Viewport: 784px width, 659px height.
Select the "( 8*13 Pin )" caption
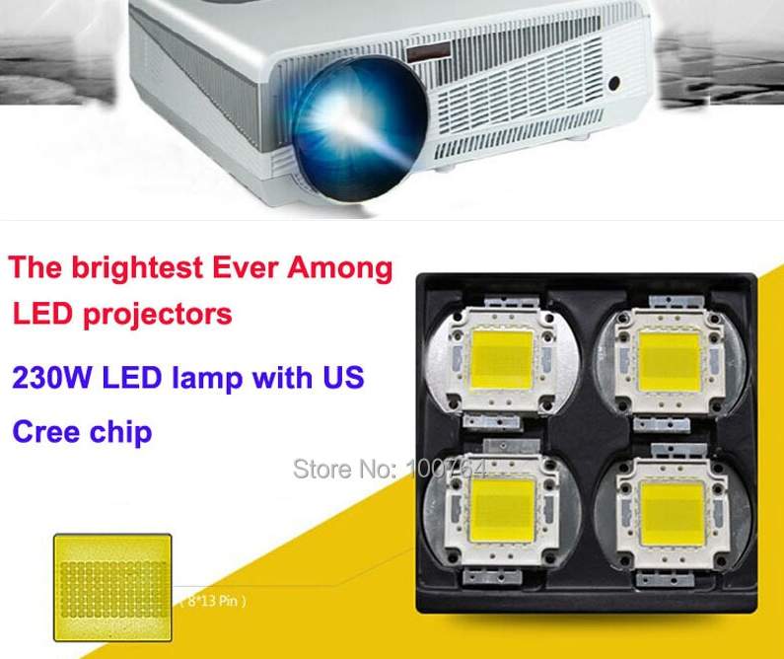212,600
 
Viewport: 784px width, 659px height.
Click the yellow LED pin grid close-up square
112,589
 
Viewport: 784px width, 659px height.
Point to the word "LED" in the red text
38,315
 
